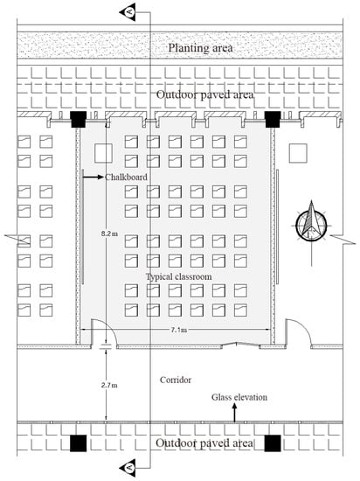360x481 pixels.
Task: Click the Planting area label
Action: click(x=200, y=48)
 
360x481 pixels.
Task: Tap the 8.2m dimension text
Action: click(x=110, y=234)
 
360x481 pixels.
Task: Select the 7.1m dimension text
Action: click(x=178, y=330)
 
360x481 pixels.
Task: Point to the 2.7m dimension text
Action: click(x=109, y=385)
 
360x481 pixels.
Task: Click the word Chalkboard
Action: click(x=126, y=177)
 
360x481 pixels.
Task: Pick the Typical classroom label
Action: click(x=178, y=276)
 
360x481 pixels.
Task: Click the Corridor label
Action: click(x=176, y=380)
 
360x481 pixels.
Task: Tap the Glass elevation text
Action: click(x=239, y=397)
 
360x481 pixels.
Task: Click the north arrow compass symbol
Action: click(x=311, y=226)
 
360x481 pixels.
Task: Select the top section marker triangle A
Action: click(x=128, y=12)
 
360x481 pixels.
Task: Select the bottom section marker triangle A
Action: click(x=128, y=468)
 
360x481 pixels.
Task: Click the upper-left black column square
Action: click(x=79, y=119)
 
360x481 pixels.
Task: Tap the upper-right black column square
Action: click(x=273, y=119)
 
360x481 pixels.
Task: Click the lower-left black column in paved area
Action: click(x=78, y=443)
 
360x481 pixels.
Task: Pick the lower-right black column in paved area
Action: click(x=273, y=443)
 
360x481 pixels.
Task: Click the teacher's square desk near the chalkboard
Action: click(x=103, y=153)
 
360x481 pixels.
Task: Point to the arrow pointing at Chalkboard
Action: click(x=93, y=177)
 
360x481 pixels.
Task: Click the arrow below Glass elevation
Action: click(x=235, y=413)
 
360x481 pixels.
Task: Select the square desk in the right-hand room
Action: click(x=298, y=153)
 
